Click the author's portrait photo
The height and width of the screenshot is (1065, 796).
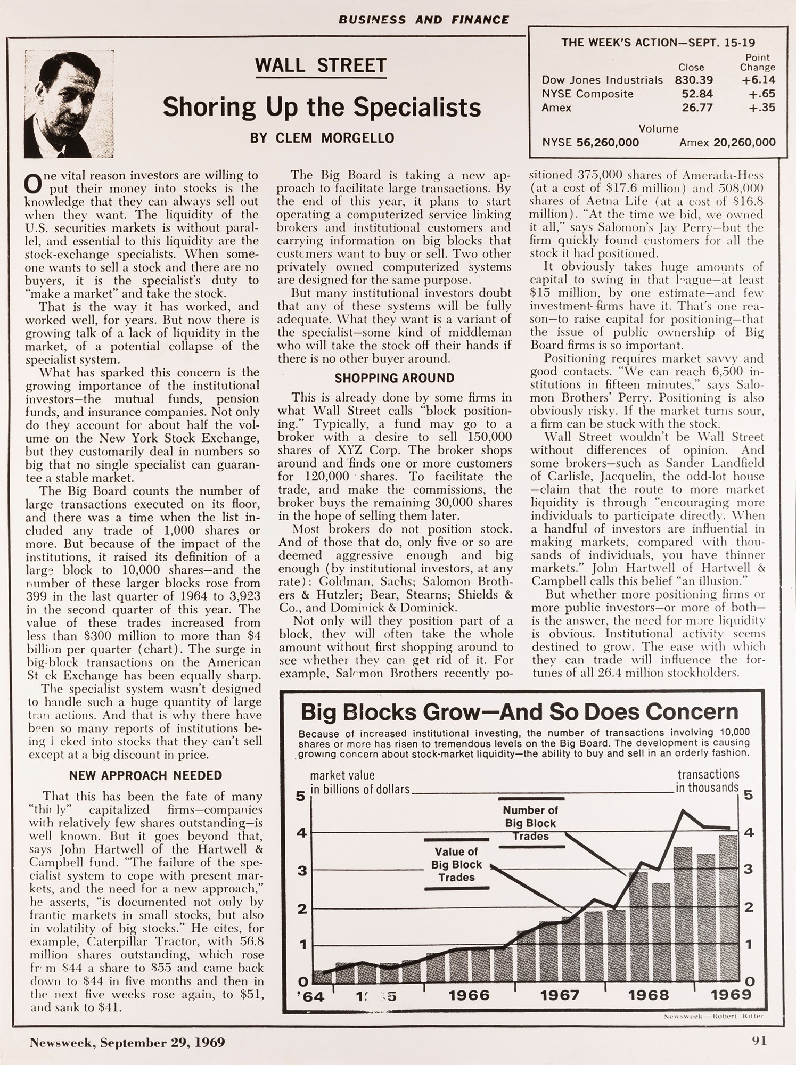69,104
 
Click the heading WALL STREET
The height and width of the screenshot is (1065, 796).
321,65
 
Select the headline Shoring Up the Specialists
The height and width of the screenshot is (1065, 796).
322,107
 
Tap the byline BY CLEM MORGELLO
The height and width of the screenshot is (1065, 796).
322,138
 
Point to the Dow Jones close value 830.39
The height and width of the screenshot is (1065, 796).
694,80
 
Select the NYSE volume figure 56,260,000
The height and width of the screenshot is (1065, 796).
608,142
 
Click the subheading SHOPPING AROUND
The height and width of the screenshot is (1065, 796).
395,378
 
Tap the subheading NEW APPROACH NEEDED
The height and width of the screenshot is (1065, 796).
145,775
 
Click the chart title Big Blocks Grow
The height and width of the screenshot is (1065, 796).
519,712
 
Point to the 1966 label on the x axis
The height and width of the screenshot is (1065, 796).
469,995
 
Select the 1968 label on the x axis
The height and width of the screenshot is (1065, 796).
648,995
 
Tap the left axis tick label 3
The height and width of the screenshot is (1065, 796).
302,871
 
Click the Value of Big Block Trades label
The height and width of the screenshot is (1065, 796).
456,864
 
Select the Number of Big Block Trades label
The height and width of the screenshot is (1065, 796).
530,823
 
